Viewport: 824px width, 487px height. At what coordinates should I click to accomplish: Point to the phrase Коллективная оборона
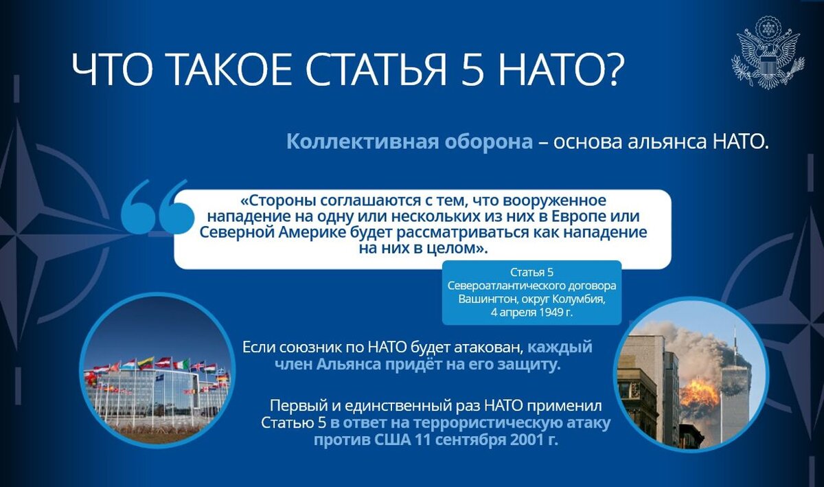point(409,142)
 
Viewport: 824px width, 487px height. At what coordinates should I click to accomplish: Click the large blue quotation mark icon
point(156,207)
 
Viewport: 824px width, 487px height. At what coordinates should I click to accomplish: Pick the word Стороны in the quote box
point(280,201)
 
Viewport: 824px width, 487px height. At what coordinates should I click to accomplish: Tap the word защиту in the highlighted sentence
point(529,365)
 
